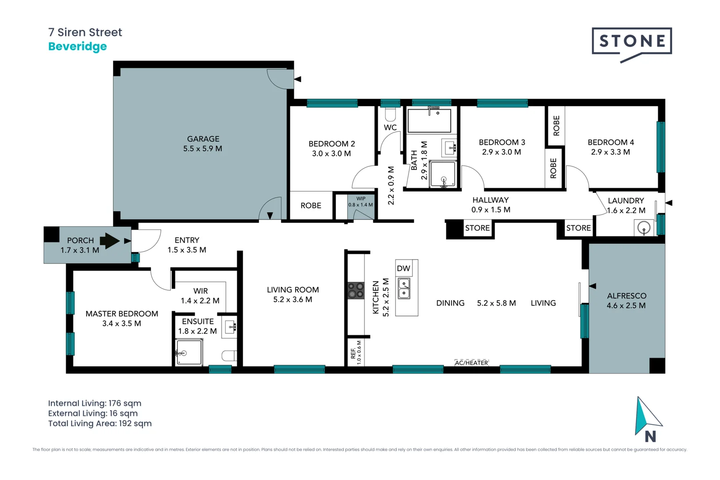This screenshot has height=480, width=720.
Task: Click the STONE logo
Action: [632, 44]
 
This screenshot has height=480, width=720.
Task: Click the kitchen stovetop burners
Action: [356, 290]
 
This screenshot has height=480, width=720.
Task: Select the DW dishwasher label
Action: [404, 268]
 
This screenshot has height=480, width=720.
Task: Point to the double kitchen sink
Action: [404, 288]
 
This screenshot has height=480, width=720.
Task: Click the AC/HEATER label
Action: [471, 363]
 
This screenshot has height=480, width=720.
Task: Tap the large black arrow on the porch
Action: [110, 240]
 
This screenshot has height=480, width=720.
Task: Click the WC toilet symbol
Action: [390, 114]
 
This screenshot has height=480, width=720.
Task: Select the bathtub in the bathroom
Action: [429, 120]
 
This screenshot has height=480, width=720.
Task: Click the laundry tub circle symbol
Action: [644, 228]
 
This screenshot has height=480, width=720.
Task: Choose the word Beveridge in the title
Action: [77, 47]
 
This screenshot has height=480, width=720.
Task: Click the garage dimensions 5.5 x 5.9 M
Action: [203, 148]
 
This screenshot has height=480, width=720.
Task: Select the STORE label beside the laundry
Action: [578, 228]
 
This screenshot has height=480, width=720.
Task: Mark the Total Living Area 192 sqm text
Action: [100, 424]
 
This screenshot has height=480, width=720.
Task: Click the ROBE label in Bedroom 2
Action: [311, 205]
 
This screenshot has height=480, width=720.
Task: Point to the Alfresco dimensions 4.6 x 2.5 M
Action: [626, 305]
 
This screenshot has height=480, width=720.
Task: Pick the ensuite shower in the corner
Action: [189, 352]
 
